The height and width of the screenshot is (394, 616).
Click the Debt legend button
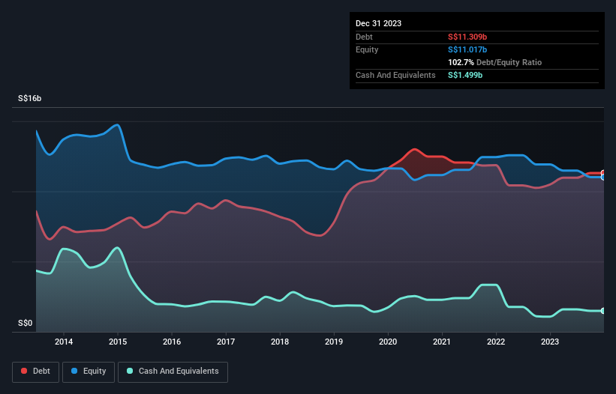click(36, 372)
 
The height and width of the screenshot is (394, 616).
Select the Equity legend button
click(89, 372)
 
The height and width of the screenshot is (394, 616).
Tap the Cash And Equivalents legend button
click(173, 372)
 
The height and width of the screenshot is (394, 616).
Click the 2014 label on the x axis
click(64, 342)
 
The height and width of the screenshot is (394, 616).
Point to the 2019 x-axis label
click(334, 342)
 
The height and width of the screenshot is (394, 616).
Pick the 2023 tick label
click(550, 342)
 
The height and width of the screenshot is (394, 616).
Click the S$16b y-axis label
click(29, 98)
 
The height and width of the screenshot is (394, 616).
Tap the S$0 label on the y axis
click(26, 324)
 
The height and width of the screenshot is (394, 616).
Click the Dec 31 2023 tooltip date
click(378, 23)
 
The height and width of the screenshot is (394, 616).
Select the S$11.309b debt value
click(467, 37)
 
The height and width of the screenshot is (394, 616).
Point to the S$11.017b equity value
click(467, 49)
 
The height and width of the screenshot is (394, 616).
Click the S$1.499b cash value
click(465, 75)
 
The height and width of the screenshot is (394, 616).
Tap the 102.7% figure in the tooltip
click(461, 62)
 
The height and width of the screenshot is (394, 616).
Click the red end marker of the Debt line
click(603, 173)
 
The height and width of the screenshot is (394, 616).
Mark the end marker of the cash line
click(603, 311)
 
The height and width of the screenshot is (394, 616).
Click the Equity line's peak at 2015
click(118, 124)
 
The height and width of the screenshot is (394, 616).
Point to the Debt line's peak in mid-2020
click(414, 149)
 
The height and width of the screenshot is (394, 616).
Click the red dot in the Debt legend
click(24, 371)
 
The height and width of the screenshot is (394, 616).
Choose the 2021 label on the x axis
click(442, 342)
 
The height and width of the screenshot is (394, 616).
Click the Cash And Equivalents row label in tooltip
click(395, 75)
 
